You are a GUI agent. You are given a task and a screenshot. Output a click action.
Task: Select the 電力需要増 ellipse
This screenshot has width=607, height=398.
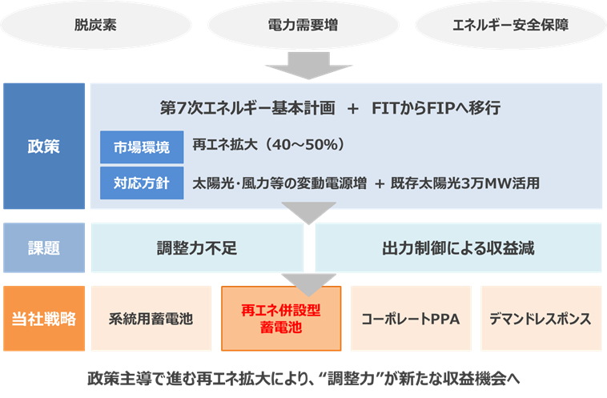point(303,24)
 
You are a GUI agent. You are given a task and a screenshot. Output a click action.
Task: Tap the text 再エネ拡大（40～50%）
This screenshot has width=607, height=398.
point(268,146)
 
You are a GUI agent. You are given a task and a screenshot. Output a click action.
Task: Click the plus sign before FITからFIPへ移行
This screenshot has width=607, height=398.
point(353,108)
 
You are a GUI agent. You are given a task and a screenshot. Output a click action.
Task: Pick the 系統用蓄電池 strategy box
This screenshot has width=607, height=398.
point(151,319)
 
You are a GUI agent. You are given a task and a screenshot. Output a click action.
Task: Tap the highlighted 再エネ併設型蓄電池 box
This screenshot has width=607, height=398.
point(281,319)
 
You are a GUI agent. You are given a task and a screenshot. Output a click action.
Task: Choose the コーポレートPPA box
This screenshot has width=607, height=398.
point(411,319)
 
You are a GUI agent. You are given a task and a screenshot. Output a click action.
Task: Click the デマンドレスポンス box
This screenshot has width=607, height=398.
point(541,319)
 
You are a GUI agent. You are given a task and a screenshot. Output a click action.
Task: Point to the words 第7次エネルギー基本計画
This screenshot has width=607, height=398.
point(247,108)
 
